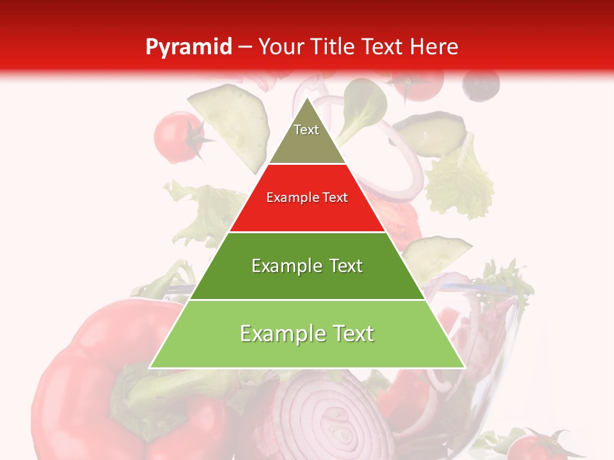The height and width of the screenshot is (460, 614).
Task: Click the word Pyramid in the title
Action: [x=188, y=47]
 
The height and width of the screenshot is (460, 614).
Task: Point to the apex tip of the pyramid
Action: [x=307, y=98]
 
